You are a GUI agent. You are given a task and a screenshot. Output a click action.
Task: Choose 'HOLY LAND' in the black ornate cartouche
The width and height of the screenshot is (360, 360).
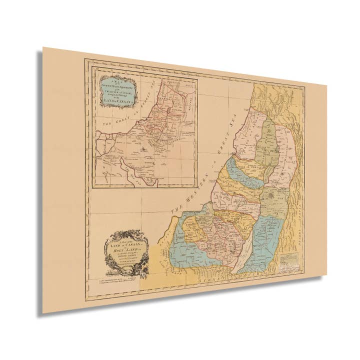pyautogui.click(x=125, y=245)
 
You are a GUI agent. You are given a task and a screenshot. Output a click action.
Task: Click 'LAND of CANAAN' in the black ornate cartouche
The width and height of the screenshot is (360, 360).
pyautogui.click(x=124, y=241)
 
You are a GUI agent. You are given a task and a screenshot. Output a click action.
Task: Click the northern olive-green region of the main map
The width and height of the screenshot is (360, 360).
pyautogui.click(x=269, y=145)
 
